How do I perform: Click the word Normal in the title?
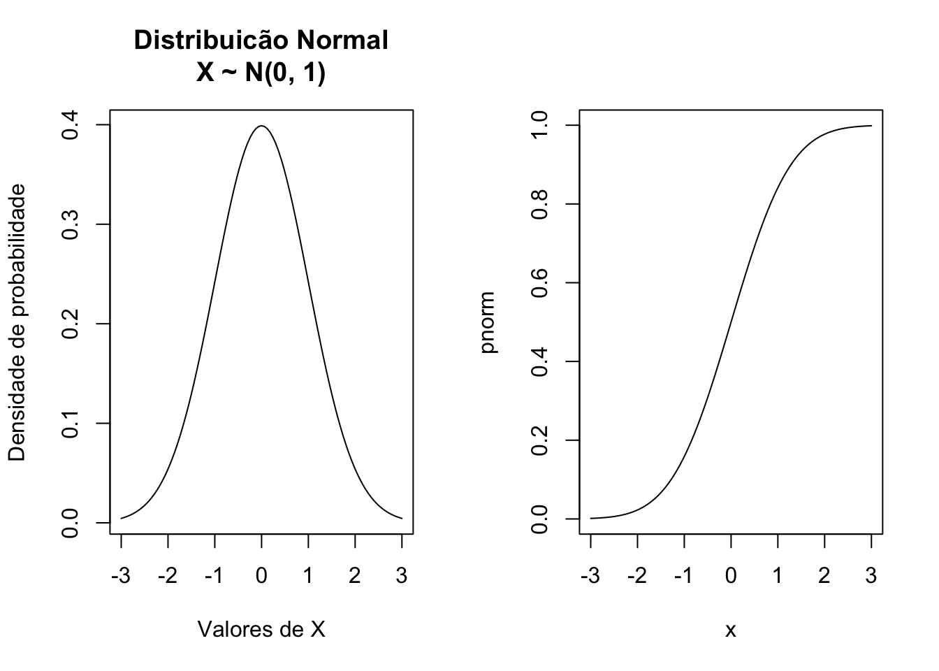(342, 41)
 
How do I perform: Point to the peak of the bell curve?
(261, 127)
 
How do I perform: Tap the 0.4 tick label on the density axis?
(71, 125)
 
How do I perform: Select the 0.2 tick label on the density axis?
(71, 324)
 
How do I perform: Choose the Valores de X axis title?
(261, 630)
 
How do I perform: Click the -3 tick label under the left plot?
(120, 576)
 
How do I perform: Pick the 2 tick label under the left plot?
(355, 576)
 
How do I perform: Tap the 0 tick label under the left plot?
(261, 576)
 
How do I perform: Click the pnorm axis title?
(488, 322)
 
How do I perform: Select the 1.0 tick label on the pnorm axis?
(539, 126)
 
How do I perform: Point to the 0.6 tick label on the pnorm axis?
(539, 283)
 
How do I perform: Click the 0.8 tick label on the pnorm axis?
(539, 204)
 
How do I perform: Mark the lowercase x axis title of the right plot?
(731, 630)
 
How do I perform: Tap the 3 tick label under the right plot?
(871, 576)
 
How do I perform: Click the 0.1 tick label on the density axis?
(71, 424)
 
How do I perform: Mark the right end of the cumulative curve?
(871, 126)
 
